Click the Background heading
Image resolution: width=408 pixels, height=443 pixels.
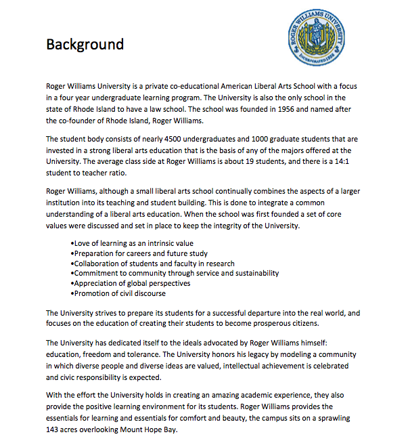85,45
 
